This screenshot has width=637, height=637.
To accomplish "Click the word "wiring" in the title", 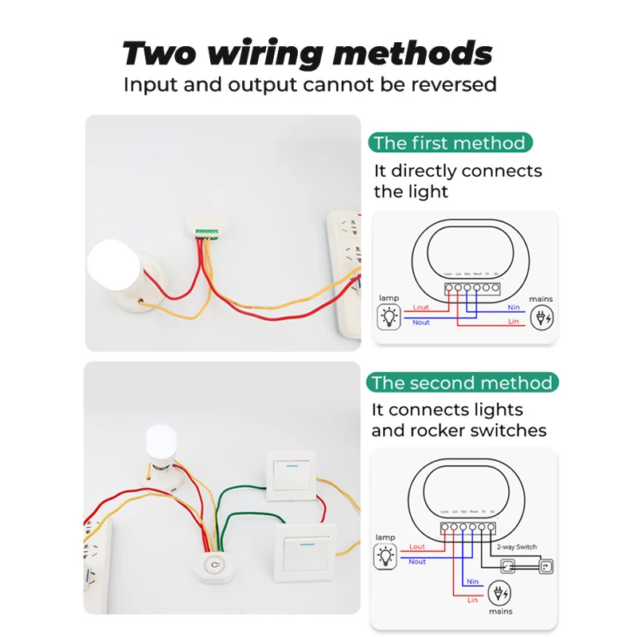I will coord(266,54).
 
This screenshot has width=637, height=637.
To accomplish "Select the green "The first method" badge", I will coord(450,143).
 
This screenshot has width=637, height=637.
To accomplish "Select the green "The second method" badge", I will coord(463,383).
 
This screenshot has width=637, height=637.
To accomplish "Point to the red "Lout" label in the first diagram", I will coord(420,307).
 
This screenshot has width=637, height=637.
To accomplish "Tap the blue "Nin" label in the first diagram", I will coord(514,307).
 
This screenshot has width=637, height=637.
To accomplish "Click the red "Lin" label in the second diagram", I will coord(472,599).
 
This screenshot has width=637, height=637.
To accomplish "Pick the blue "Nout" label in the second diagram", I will coord(417,561).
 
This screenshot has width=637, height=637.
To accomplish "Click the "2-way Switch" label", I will coord(514,548).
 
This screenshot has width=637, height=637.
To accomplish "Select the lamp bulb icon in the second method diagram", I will coord(386,556).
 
